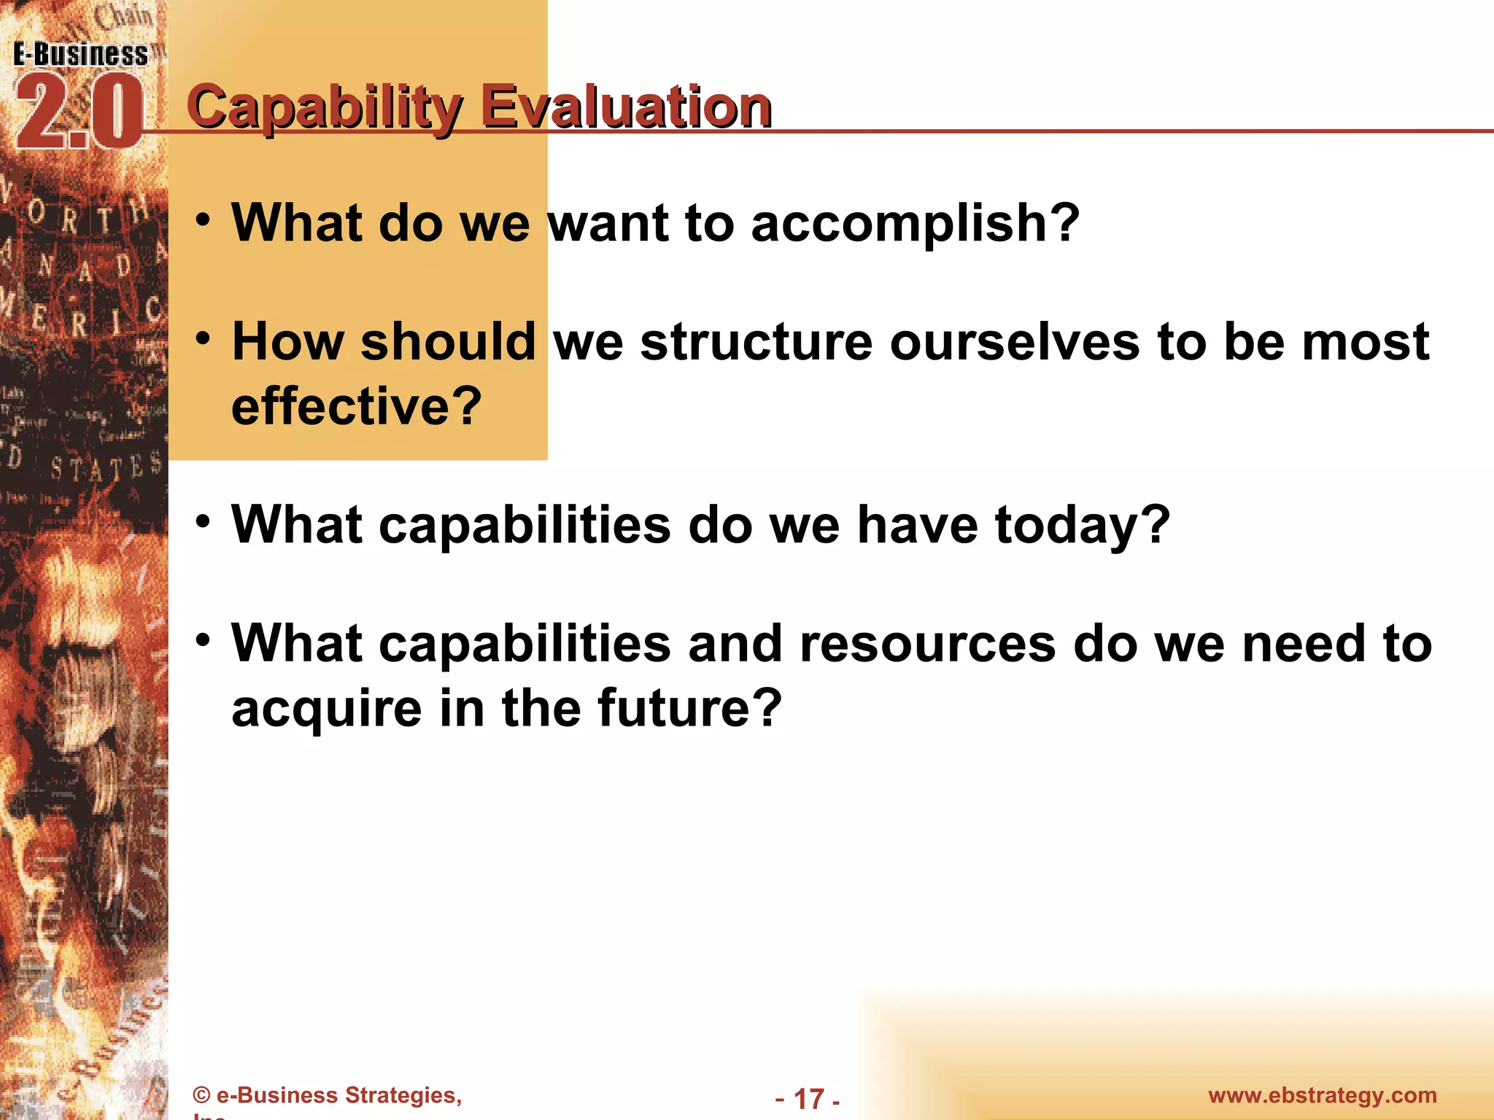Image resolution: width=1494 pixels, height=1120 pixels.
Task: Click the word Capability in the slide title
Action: (x=324, y=108)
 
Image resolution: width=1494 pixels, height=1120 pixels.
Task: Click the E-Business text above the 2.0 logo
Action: (x=80, y=55)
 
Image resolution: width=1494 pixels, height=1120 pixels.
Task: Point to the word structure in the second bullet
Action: (x=756, y=342)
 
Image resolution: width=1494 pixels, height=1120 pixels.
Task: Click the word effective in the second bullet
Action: (x=356, y=406)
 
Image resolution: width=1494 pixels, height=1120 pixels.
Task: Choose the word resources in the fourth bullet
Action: (x=927, y=644)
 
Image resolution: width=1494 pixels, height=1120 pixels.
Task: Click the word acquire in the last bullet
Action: (x=326, y=709)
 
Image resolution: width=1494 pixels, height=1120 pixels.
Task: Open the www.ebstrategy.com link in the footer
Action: (x=1322, y=1095)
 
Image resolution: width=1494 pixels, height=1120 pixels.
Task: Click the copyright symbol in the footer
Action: (x=202, y=1096)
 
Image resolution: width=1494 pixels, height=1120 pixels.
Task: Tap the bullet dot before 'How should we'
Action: (x=204, y=338)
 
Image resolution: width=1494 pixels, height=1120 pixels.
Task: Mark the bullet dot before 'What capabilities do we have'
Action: (x=204, y=521)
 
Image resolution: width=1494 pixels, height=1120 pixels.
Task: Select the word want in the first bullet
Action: (x=608, y=223)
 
